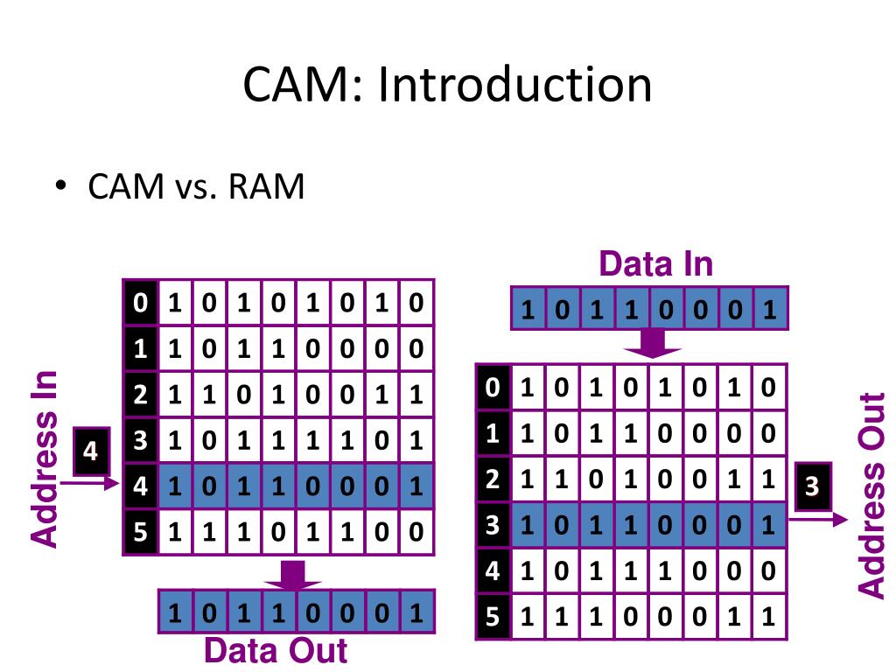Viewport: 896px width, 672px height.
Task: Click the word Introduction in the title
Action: point(514,84)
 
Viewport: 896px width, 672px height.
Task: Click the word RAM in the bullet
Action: point(266,186)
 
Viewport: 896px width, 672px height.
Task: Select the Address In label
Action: point(45,459)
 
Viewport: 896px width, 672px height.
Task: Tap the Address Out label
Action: point(872,495)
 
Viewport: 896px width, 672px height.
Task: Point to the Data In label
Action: point(656,264)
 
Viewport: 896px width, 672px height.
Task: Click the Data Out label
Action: point(276,650)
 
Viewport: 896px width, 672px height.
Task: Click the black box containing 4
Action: point(91,451)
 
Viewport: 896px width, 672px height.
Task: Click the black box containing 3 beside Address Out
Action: point(813,486)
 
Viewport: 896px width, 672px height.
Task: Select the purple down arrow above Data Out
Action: point(292,576)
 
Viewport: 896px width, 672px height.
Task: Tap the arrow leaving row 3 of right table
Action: point(818,520)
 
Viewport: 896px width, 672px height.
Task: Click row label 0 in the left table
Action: point(141,302)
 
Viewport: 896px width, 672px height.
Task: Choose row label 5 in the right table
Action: point(493,617)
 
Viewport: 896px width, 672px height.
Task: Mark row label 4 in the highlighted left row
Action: point(141,486)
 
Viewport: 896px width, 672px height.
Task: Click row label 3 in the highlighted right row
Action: point(493,525)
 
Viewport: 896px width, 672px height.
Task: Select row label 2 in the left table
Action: point(141,395)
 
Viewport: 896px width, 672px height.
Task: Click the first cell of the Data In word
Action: point(528,309)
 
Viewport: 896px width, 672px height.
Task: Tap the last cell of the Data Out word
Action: point(416,612)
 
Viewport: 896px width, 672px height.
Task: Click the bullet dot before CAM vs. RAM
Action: point(60,185)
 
